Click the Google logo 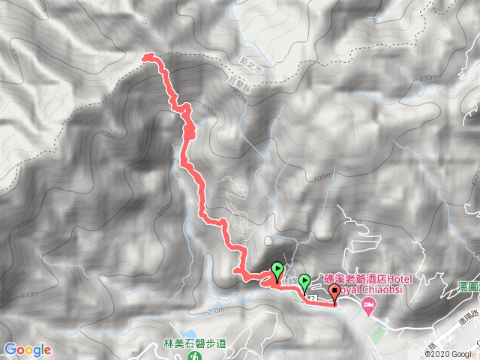(27, 349)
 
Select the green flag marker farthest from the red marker (277, 269)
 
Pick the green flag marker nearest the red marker (304, 282)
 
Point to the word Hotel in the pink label (424, 276)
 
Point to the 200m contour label (216, 310)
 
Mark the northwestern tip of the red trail (145, 55)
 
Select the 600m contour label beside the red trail (208, 111)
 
